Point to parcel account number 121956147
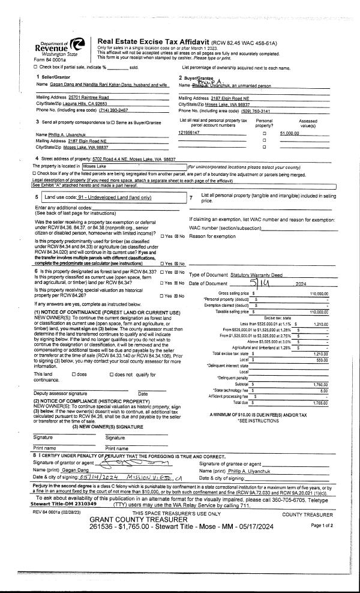pos(188,131)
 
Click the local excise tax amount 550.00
pos(321,360)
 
